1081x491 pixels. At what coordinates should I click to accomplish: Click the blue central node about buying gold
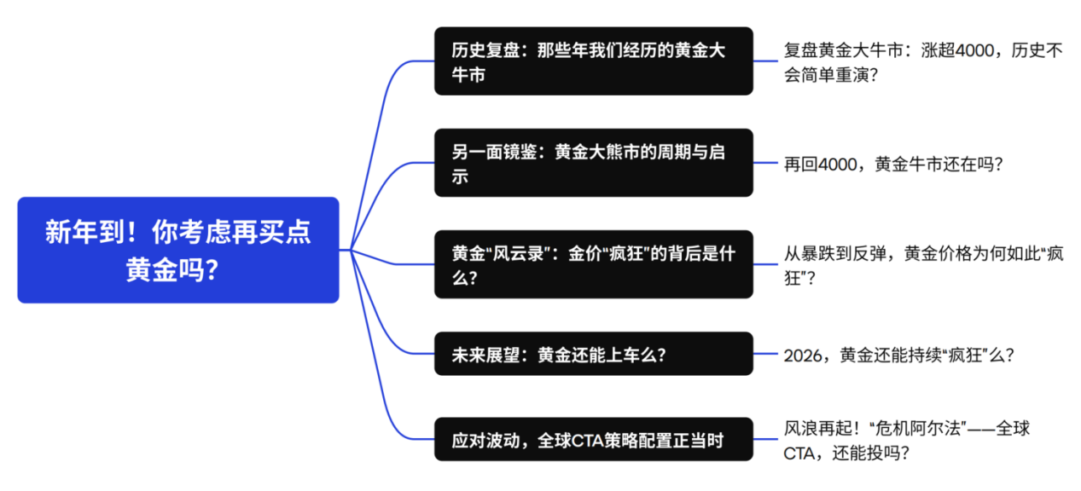pos(178,250)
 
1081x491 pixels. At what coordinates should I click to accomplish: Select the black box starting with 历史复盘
pos(593,61)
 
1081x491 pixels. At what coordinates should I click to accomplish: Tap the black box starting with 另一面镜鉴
pos(593,163)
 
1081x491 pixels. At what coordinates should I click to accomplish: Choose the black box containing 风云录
pos(593,264)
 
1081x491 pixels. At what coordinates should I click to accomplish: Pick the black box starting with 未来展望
pos(593,354)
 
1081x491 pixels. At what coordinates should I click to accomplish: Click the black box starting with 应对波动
pos(593,440)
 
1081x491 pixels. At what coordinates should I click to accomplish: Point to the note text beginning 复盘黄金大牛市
pos(921,61)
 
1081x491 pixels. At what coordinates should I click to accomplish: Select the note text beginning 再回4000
pos(892,163)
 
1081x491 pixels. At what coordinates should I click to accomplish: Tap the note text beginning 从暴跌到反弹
pos(921,264)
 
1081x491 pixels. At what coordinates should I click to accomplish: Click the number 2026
pos(803,355)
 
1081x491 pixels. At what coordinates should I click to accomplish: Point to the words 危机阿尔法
pos(924,428)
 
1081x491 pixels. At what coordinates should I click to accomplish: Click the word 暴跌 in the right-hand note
pos(827,253)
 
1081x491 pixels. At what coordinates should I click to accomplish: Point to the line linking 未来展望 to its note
pos(765,354)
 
